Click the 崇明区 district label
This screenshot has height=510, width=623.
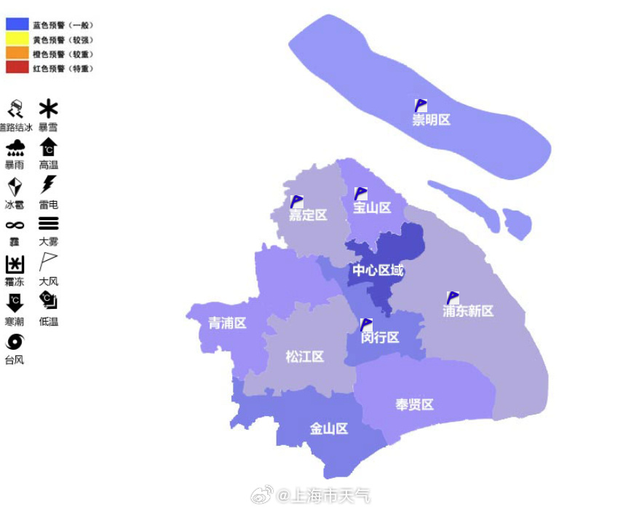click(x=431, y=120)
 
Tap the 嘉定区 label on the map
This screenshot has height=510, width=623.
click(x=308, y=215)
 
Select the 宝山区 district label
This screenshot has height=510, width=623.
click(x=372, y=208)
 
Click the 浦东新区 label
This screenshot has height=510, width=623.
click(x=468, y=311)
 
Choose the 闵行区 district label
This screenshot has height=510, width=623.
click(x=380, y=337)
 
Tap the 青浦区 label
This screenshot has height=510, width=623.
click(x=227, y=323)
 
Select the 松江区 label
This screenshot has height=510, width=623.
click(x=304, y=356)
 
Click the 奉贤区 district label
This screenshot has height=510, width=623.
click(x=414, y=404)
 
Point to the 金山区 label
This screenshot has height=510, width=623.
click(x=329, y=428)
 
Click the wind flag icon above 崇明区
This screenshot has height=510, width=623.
click(x=421, y=106)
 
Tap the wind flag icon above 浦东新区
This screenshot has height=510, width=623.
click(x=453, y=298)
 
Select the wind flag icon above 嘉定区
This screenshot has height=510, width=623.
click(x=296, y=202)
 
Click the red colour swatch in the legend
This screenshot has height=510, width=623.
click(x=17, y=68)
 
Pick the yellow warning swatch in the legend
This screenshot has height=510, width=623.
click(x=17, y=39)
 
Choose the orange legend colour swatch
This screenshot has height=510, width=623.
click(x=17, y=53)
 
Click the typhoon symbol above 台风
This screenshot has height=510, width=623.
click(x=15, y=342)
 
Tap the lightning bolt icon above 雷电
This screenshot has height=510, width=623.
click(x=48, y=184)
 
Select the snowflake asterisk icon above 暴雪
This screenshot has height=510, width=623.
click(x=48, y=109)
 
